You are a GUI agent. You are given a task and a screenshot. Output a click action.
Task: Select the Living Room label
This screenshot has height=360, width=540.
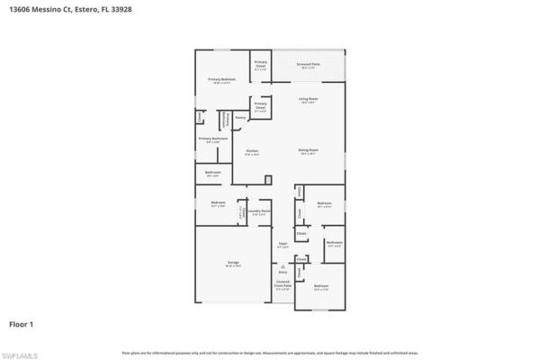(309, 101)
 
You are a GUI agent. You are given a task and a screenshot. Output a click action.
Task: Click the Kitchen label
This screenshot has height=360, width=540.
(252, 152)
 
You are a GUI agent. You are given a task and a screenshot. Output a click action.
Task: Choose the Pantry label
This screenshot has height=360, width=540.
(240, 117)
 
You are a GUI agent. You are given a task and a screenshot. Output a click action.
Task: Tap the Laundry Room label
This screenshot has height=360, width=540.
(258, 212)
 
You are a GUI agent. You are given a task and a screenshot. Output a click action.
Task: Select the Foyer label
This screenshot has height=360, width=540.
(283, 245)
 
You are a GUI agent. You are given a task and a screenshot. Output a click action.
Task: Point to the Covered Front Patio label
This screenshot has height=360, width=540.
(283, 287)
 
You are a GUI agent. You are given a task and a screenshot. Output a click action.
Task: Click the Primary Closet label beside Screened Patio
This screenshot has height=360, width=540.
(260, 67)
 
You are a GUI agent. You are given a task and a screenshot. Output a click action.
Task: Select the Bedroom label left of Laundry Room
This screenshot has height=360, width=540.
(217, 204)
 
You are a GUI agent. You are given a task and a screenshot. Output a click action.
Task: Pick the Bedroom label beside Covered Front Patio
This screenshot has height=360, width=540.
(321, 288)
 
